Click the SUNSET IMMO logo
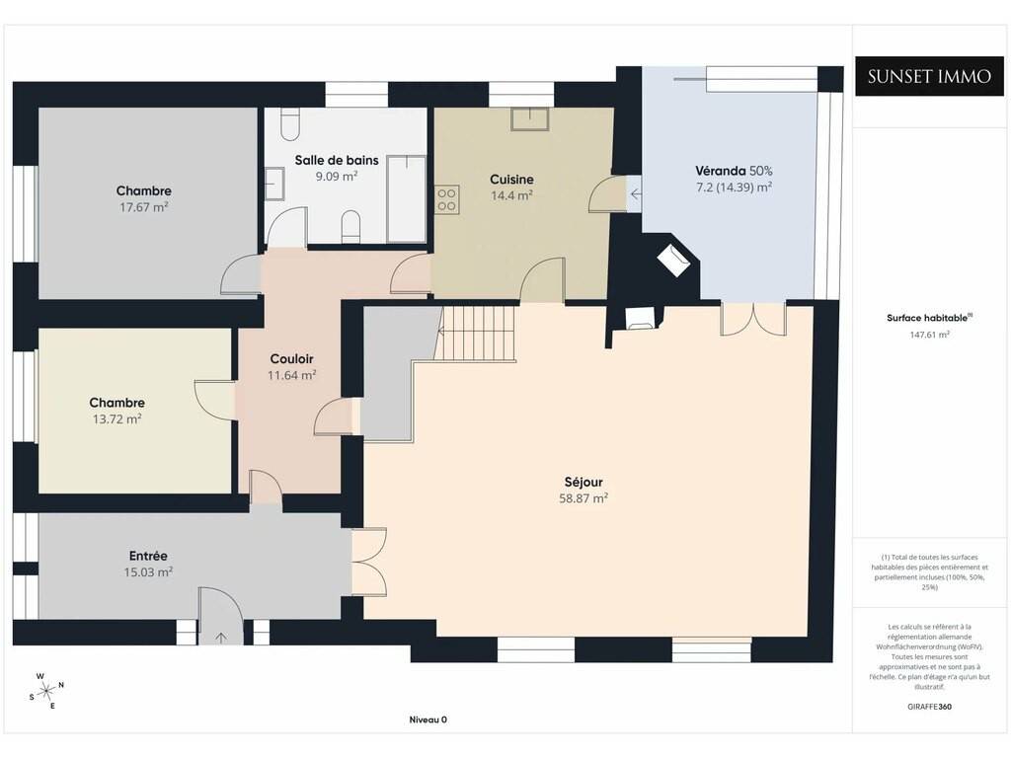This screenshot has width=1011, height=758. [929, 77]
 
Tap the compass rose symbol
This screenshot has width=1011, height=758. [46, 692]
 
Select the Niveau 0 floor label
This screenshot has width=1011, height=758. [428, 720]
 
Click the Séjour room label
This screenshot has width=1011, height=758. [583, 482]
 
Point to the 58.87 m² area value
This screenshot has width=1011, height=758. [583, 498]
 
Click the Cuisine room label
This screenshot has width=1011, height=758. [512, 180]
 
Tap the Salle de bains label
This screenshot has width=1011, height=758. [337, 160]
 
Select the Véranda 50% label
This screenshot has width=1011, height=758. [734, 171]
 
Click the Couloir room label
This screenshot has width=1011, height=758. [292, 359]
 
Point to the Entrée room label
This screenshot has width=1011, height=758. [148, 556]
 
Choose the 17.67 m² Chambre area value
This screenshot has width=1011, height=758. [144, 207]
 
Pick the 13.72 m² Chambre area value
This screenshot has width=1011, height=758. [117, 418]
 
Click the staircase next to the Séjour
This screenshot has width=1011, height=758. [477, 333]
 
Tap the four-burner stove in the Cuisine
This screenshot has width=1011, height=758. [446, 199]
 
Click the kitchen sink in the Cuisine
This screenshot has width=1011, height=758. [530, 119]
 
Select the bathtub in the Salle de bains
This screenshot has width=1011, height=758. [406, 199]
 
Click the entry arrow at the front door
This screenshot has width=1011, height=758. [221, 638]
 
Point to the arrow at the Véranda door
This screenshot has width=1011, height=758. [636, 193]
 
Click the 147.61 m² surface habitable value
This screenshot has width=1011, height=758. [930, 335]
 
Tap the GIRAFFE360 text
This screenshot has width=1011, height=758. [930, 707]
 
